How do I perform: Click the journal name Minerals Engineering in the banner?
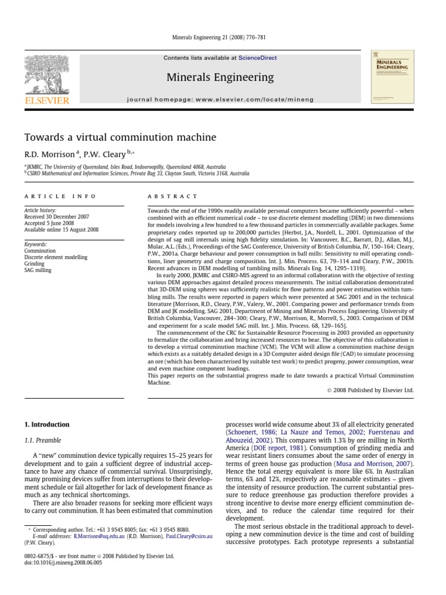coord(220,77)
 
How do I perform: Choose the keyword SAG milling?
coord(37,270)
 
